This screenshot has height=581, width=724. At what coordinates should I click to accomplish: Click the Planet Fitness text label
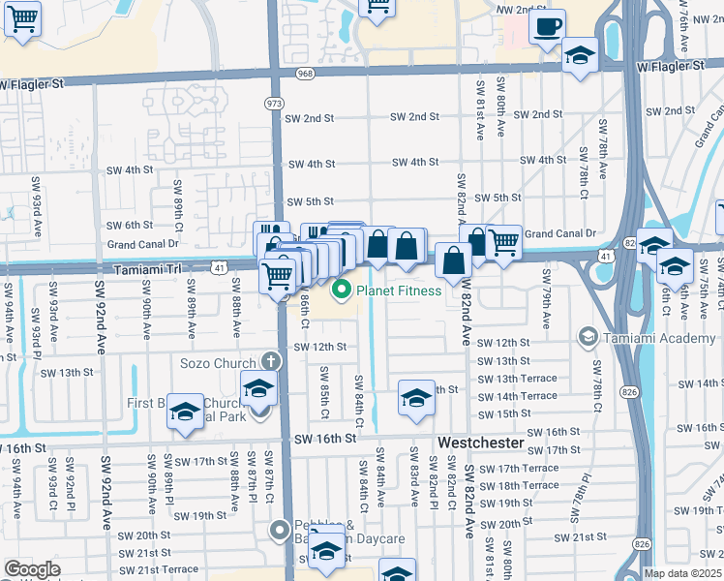(399, 290)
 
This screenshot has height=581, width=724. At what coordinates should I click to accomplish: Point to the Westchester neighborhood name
(482, 442)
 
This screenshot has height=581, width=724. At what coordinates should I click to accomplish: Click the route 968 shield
(305, 74)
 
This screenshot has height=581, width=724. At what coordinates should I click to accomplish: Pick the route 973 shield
(275, 102)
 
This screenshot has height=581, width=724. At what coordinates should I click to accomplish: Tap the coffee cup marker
(547, 26)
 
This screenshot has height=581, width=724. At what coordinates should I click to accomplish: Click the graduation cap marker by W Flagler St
(580, 54)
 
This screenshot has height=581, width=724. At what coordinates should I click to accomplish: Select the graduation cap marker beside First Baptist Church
(184, 411)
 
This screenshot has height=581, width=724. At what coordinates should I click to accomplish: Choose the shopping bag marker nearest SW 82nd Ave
(453, 259)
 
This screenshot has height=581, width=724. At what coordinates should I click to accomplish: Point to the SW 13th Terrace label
(519, 378)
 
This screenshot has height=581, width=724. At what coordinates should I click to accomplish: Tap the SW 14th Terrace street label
(519, 396)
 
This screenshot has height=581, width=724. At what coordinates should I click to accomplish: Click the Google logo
(32, 568)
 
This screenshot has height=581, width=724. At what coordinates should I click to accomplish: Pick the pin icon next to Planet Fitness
(341, 290)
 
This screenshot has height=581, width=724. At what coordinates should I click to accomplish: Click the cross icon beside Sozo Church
(271, 361)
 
